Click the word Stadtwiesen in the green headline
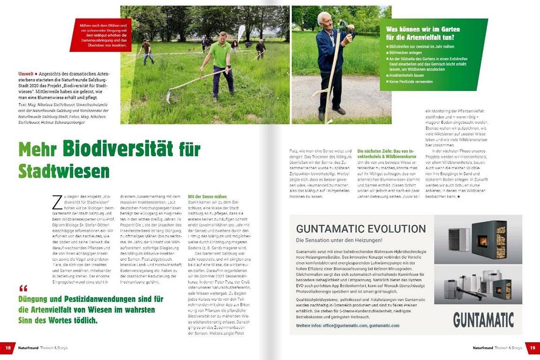[64, 170]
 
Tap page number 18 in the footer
[8, 348]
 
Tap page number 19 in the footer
[532, 348]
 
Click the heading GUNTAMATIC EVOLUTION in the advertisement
[361, 229]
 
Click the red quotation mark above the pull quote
[24, 288]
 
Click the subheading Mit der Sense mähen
[207, 197]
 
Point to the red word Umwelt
[25, 74]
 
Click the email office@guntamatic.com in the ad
[345, 325]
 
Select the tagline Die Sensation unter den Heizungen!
[339, 240]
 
